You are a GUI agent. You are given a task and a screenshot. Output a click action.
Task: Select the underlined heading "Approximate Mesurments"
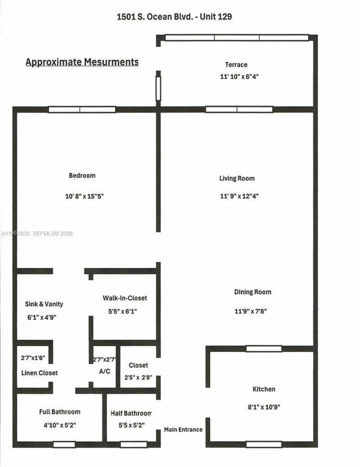82,62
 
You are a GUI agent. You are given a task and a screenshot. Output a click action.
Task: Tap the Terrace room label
236,65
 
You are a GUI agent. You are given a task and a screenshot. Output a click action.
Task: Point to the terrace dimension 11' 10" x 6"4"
239,76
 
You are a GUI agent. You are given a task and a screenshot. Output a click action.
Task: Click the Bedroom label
82,175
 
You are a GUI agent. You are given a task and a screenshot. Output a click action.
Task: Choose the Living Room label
237,179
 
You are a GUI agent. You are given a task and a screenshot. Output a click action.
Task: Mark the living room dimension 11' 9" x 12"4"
239,196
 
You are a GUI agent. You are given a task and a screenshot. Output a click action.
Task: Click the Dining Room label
252,292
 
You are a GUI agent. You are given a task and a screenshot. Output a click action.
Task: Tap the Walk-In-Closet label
125,298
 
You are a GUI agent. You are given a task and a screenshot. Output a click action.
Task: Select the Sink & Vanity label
44,304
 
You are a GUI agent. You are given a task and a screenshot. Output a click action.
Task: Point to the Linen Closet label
40,373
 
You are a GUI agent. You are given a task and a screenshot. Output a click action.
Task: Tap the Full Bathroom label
59,412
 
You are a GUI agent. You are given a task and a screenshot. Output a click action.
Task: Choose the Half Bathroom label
131,413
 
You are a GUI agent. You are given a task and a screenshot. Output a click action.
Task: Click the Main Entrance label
183,429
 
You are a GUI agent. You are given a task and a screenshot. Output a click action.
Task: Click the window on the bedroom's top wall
82,109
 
